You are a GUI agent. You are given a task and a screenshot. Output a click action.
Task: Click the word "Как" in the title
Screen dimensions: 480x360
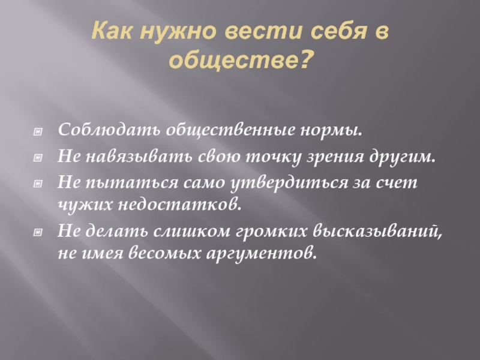click(x=112, y=31)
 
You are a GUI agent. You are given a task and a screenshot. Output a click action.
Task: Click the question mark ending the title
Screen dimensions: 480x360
click(x=304, y=58)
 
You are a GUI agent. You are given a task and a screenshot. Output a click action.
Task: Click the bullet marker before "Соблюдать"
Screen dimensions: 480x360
click(x=38, y=131)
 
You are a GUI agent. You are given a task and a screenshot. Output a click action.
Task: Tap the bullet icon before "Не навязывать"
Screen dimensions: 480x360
click(x=38, y=158)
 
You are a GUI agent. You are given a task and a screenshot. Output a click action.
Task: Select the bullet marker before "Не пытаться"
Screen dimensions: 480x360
click(x=38, y=184)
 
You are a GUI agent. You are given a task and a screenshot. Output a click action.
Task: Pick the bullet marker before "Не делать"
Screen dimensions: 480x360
click(x=38, y=232)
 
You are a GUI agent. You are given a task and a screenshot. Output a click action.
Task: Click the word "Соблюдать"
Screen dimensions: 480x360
click(x=109, y=130)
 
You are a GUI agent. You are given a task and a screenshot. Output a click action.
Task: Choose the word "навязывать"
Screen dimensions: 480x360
click(x=139, y=157)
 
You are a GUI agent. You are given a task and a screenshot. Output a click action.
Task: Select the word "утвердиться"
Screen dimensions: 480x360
click(x=289, y=183)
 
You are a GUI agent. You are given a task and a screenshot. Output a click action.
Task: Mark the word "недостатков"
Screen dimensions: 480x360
click(x=178, y=204)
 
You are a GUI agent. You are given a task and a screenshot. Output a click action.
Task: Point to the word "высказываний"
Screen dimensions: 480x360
click(x=376, y=230)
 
